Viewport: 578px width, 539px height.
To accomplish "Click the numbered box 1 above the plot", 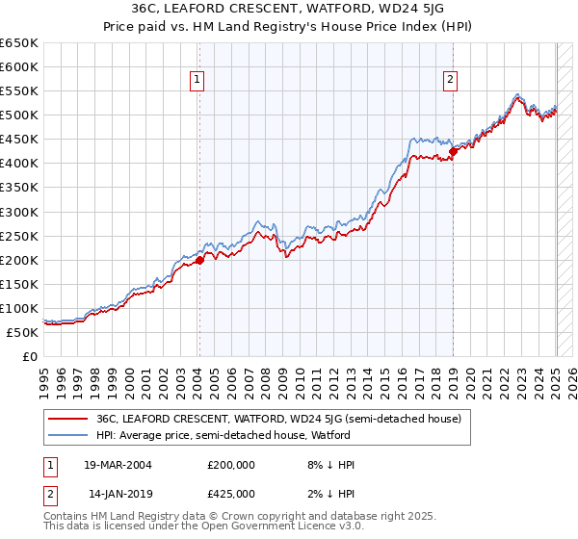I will (197, 81).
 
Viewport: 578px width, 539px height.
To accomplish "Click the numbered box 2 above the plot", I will (450, 81).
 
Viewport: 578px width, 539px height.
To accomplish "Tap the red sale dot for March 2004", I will (199, 259).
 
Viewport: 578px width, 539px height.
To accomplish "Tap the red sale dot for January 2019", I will (453, 151).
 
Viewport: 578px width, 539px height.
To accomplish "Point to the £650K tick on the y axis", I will (19, 43).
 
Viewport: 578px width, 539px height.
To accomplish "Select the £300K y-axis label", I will (19, 212).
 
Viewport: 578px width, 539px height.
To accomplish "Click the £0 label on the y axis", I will (29, 356).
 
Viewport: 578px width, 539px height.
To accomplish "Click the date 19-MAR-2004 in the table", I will (118, 465).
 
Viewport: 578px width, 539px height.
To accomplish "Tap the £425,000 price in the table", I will (230, 494).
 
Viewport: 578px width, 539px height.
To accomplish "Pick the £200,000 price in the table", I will (230, 465).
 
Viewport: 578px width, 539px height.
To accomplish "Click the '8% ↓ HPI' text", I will (329, 465).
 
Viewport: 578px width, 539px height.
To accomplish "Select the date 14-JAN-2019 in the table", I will (118, 494).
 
